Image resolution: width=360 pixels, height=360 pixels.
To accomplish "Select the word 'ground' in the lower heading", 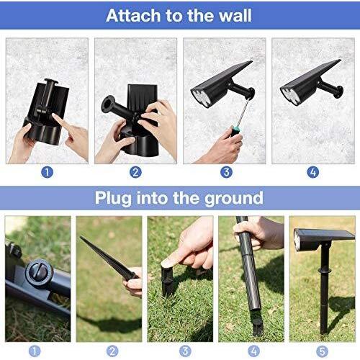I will [x=233, y=197].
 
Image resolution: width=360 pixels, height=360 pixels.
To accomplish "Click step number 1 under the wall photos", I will [x=48, y=172].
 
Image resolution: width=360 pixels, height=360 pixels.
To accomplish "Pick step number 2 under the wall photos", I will [x=136, y=172].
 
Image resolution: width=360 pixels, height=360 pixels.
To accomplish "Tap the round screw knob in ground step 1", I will [x=37, y=274].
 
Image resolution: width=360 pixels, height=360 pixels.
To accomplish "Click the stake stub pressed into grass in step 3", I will [x=167, y=279].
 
